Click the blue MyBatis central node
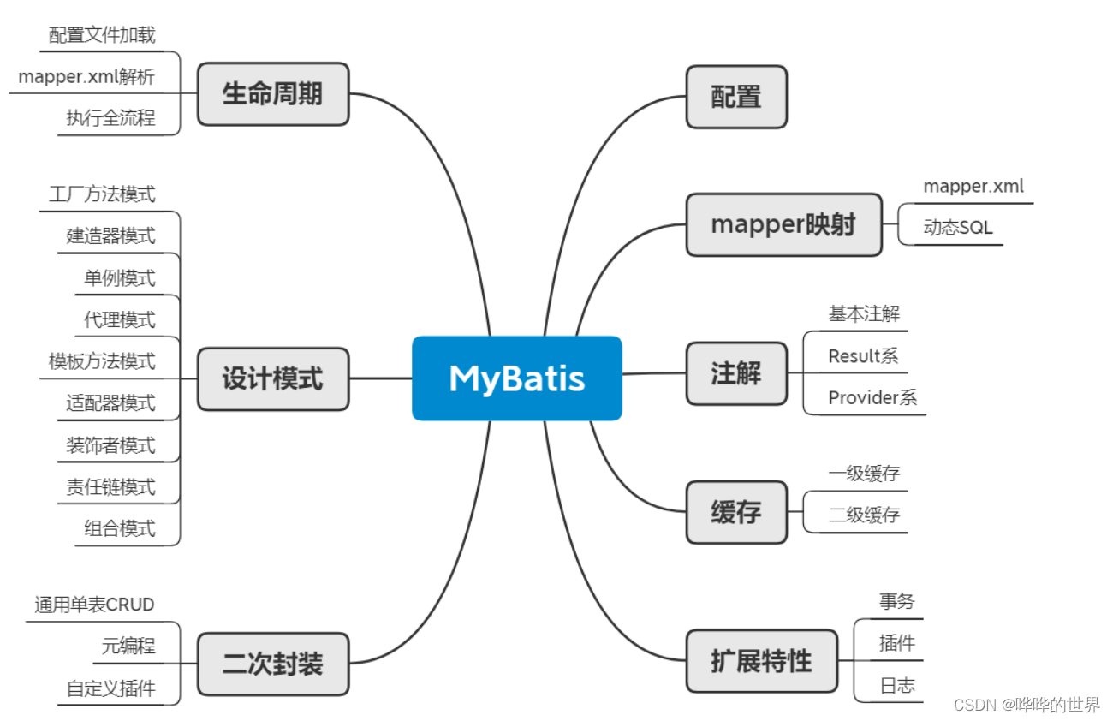(516, 378)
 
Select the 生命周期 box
(273, 93)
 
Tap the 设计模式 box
(273, 378)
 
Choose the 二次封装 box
(273, 664)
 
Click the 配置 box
(736, 97)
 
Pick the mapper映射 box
(783, 224)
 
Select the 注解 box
(736, 373)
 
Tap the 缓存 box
(736, 512)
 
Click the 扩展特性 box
(761, 661)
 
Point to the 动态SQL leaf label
(958, 229)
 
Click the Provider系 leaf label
(872, 397)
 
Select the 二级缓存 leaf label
(864, 515)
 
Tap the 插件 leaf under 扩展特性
(897, 643)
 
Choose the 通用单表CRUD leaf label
(94, 605)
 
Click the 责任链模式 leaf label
(111, 487)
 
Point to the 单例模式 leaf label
(120, 278)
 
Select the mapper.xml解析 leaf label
(86, 76)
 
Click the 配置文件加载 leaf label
(102, 34)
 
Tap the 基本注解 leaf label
(864, 313)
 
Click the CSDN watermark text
(1027, 705)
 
